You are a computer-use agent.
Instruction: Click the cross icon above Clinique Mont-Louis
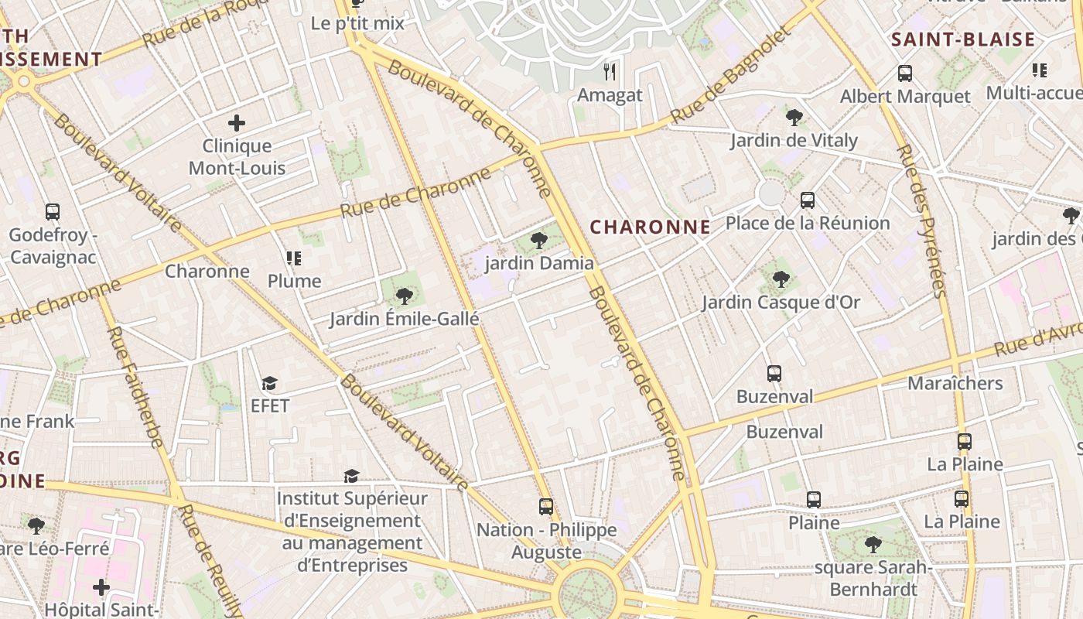(237, 123)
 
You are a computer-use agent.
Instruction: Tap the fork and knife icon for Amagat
(610, 72)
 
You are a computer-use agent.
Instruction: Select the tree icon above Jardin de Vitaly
(794, 118)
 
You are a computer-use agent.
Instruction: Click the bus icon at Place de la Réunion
(808, 200)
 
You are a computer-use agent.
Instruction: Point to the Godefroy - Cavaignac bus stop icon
(53, 212)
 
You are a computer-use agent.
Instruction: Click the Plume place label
(294, 281)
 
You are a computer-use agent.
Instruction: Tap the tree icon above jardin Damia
(539, 241)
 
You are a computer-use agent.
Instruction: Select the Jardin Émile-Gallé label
(405, 319)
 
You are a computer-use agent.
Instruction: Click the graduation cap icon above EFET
(269, 383)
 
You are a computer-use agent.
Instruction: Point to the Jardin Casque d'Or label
(781, 303)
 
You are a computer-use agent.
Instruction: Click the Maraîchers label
(955, 383)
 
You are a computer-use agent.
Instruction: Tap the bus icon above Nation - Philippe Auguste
(546, 507)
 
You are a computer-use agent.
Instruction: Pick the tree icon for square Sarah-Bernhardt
(873, 544)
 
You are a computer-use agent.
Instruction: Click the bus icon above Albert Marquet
(905, 74)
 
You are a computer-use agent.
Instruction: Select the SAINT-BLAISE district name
(963, 40)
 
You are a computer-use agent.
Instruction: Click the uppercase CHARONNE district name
(650, 227)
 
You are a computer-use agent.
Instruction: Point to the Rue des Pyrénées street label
(921, 220)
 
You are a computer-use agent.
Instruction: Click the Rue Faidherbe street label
(135, 387)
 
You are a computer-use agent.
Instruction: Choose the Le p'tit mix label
(357, 23)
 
